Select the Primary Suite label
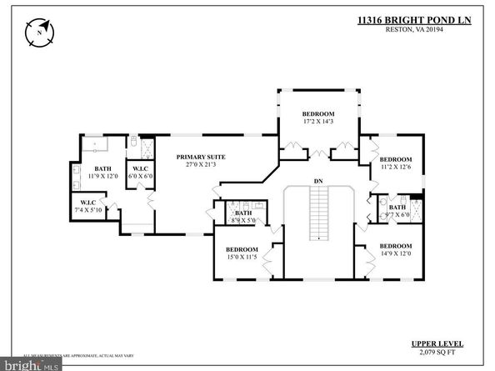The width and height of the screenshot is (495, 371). coord(201,156)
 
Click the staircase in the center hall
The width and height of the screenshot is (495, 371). coord(317,213)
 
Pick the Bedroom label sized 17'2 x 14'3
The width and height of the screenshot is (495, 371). coord(317,113)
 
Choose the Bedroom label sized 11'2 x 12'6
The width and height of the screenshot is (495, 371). coord(395,159)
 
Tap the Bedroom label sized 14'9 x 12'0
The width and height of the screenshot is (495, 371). coord(396,246)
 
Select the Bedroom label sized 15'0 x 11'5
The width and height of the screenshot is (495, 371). coord(242,249)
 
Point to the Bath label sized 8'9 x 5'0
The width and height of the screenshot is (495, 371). coord(242,213)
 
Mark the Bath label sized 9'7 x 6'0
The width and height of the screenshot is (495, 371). coord(397,208)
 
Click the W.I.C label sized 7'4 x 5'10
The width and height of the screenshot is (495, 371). coord(88,203)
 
